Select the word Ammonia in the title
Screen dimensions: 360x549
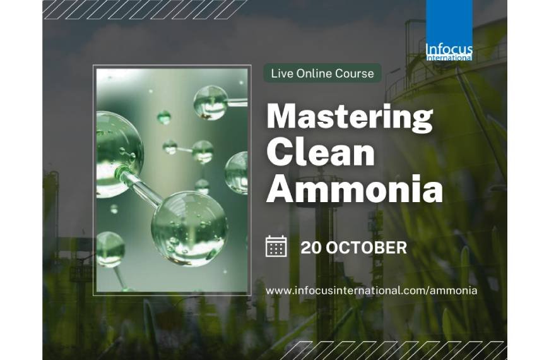pos(354,189)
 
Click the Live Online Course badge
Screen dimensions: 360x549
pos(322,73)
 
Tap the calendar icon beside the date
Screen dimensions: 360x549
pos(276,246)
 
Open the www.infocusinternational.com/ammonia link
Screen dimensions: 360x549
pos(371,291)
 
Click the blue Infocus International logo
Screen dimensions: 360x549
pos(449,30)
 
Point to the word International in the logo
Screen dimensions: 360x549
pos(449,57)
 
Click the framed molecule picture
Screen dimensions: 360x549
pos(171,180)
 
